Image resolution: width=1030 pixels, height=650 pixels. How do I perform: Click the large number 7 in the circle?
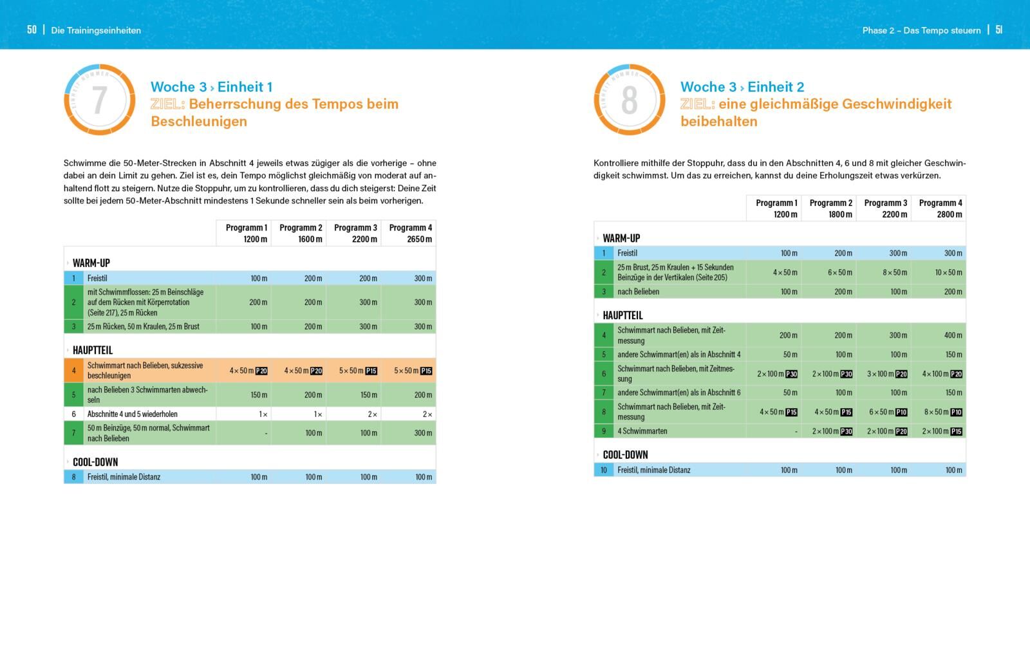pyautogui.click(x=99, y=100)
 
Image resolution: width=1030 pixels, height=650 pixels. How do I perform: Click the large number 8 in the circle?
pyautogui.click(x=629, y=100)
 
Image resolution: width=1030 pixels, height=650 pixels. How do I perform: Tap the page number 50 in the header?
pyautogui.click(x=32, y=30)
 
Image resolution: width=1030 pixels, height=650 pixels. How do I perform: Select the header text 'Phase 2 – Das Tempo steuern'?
pyautogui.click(x=921, y=30)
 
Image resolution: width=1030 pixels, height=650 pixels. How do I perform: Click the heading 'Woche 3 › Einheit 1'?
pyautogui.click(x=211, y=87)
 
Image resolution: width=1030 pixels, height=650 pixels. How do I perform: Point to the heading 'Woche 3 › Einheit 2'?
pyautogui.click(x=742, y=87)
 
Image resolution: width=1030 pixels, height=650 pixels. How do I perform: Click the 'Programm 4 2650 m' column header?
pyautogui.click(x=410, y=233)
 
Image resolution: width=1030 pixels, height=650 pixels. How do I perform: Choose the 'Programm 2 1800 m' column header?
pyautogui.click(x=830, y=209)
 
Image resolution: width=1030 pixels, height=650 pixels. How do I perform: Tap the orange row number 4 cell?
pyautogui.click(x=73, y=371)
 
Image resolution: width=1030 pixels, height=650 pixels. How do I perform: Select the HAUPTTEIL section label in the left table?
pyautogui.click(x=92, y=350)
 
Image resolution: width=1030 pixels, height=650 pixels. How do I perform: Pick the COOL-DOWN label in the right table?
pyautogui.click(x=625, y=454)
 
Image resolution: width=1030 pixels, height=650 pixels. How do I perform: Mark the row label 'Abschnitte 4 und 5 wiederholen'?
pyautogui.click(x=132, y=414)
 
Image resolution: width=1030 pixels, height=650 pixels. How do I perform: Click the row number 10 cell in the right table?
pyautogui.click(x=603, y=470)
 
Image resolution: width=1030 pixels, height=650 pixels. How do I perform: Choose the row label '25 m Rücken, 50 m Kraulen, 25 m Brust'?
pyautogui.click(x=143, y=327)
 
